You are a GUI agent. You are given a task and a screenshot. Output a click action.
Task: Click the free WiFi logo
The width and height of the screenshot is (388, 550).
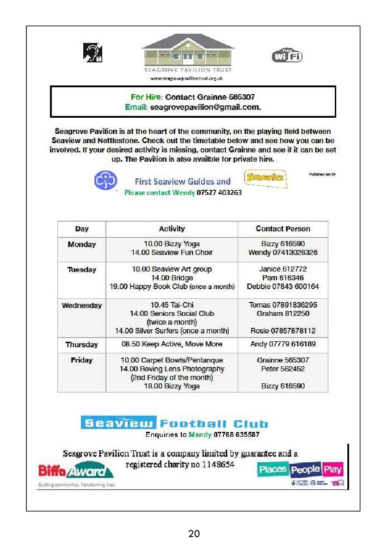coord(287,56)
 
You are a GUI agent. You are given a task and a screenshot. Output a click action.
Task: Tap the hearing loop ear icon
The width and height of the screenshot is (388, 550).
coord(92,52)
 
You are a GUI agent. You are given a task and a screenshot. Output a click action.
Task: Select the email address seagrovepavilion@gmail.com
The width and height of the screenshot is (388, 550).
coord(206,107)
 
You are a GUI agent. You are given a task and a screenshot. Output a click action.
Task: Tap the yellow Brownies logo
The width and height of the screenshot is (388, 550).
coord(265,178)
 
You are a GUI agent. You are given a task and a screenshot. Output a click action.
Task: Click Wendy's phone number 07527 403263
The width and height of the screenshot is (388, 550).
coord(219,193)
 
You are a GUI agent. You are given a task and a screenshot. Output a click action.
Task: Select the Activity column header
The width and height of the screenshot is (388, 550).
coord(172,229)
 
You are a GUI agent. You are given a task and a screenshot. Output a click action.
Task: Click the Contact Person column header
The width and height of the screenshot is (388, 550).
coord(283,229)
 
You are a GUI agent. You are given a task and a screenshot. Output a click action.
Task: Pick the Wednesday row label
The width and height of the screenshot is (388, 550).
coord(82,306)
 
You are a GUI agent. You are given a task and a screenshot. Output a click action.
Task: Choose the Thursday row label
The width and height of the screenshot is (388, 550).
coord(82,345)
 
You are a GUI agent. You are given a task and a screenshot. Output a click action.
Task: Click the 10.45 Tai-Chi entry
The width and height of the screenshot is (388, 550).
coord(172,305)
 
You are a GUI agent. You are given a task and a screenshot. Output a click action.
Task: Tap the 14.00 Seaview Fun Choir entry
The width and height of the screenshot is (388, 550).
coord(172,253)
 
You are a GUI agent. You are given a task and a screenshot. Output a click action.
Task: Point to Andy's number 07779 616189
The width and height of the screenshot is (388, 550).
coord(283,344)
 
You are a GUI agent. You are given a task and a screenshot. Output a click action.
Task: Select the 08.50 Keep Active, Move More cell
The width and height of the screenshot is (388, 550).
coord(172,344)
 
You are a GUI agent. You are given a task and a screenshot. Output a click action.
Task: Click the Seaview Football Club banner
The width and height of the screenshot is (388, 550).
coord(174,423)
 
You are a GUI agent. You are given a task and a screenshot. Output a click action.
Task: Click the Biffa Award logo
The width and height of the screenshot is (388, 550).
coord(76,471)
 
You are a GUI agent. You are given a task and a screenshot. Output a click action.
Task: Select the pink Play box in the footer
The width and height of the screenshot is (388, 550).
coord(332,470)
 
